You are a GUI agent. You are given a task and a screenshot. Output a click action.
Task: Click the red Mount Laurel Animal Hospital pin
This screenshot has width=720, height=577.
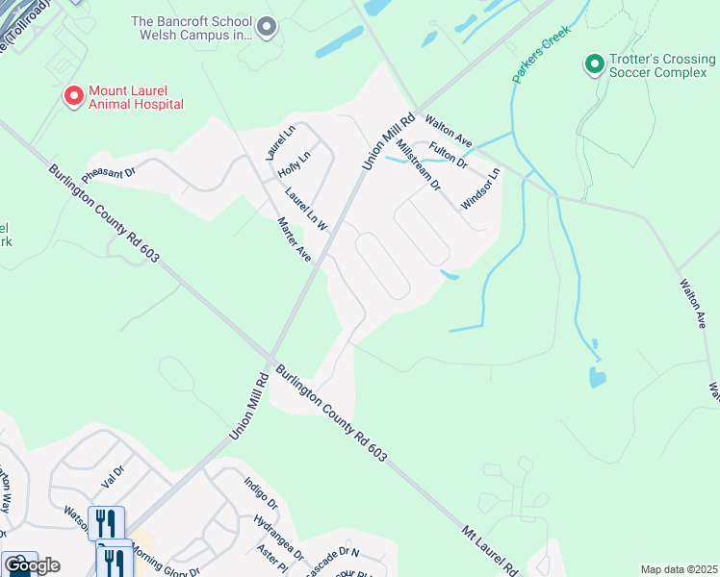point(72,96)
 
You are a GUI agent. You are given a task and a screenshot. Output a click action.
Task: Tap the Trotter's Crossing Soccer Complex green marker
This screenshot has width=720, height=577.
point(595,64)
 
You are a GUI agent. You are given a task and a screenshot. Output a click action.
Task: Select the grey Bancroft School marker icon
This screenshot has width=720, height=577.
point(267,28)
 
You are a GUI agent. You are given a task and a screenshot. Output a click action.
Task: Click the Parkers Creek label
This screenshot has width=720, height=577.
point(542,54)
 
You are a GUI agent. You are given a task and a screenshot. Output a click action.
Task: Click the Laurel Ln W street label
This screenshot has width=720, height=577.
point(306,209)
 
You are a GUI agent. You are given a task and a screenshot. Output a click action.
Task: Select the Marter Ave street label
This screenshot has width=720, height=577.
point(294,240)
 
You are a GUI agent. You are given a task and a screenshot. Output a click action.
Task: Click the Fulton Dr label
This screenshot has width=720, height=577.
point(449,154)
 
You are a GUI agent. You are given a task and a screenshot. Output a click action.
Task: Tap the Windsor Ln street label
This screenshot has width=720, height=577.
point(481,188)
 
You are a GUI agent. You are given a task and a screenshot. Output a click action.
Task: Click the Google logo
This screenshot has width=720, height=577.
point(31,565)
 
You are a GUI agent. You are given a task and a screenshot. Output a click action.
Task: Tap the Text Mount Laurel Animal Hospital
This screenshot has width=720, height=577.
point(135,97)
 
